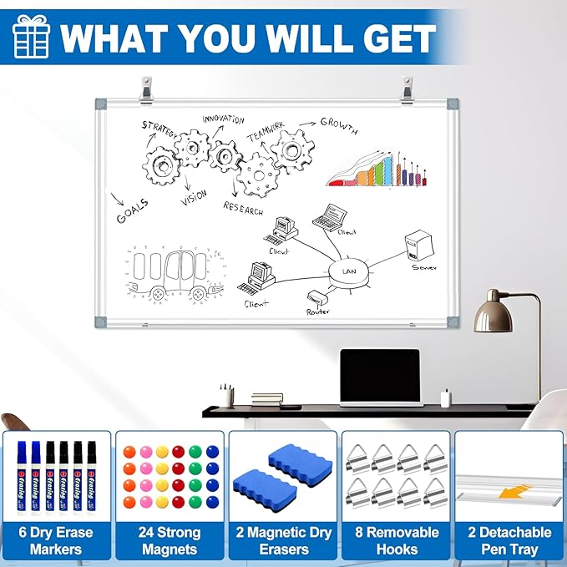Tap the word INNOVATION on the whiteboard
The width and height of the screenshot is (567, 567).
coord(223,121)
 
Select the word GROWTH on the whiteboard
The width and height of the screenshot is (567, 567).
coord(339,126)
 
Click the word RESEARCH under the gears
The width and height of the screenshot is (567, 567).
coord(243,207)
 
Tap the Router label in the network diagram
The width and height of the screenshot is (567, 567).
coord(318,310)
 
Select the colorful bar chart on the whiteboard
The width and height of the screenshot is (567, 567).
coord(377,170)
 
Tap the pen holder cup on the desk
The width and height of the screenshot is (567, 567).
coord(226,397)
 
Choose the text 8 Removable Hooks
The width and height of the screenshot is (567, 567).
coord(396,540)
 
